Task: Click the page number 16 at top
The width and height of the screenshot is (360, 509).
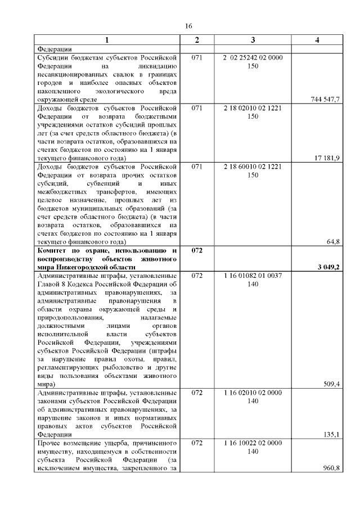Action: [x=188, y=26]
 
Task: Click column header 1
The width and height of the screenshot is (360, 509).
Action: [x=107, y=40]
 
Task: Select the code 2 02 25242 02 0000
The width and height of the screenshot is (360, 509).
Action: [x=253, y=58]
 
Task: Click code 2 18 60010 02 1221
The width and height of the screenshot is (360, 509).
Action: [x=253, y=167]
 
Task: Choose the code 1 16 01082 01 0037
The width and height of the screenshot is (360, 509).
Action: [x=253, y=276]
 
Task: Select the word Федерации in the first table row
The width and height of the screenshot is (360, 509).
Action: [x=54, y=49]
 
